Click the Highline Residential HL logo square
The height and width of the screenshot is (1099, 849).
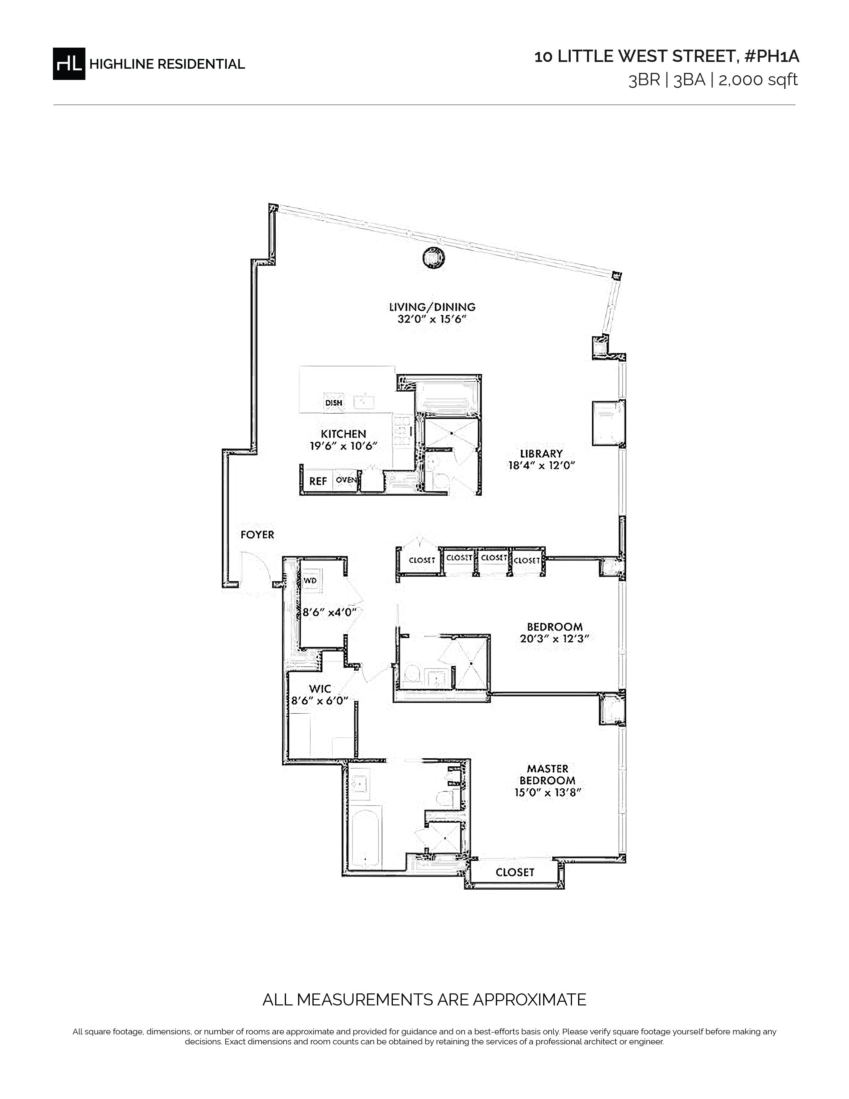pos(69,64)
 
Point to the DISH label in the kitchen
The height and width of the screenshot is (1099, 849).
pos(334,403)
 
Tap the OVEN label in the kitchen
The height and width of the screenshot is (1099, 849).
pos(346,480)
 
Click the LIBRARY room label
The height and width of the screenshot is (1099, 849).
pos(541,453)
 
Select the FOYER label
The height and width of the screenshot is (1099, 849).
pos(257,535)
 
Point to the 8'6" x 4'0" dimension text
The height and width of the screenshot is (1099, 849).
pos(329,612)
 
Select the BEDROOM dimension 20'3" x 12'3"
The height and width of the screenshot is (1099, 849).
pos(555,639)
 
